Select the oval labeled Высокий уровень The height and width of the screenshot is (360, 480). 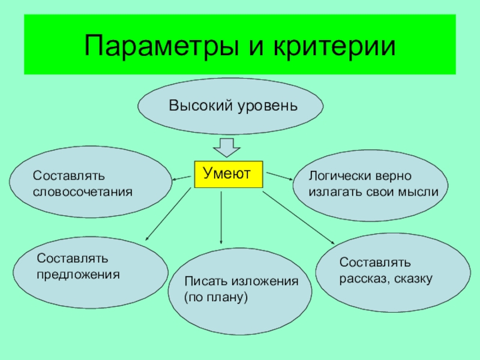click(231, 106)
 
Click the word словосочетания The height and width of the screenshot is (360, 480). click(82, 192)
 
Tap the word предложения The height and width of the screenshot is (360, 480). click(78, 274)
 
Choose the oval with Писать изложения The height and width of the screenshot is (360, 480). click(240, 291)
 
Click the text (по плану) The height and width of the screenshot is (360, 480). click(216, 297)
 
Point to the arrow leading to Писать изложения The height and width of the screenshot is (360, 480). click(222, 216)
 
